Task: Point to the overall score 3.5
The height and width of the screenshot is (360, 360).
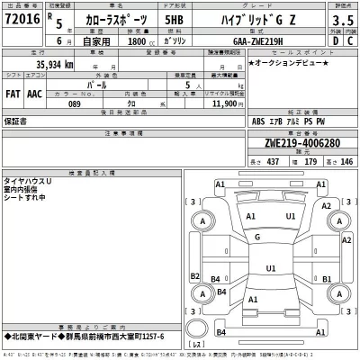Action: [341, 19]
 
